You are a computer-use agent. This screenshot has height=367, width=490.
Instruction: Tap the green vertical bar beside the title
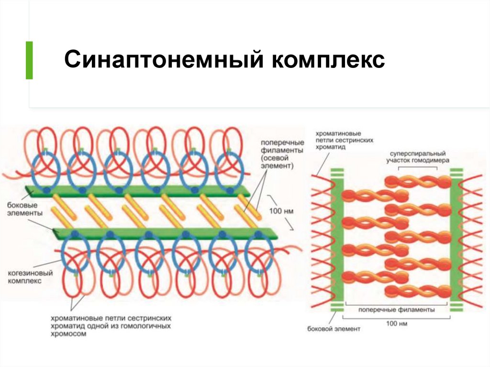(29, 60)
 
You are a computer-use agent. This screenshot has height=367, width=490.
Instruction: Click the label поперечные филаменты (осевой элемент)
(282, 154)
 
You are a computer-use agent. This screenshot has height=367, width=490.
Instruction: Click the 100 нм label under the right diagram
(396, 324)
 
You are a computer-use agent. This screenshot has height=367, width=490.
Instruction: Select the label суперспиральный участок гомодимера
(418, 157)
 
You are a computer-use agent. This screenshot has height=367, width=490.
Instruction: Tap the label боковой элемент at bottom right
(334, 329)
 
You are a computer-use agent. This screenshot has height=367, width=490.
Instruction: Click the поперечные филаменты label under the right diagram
(396, 310)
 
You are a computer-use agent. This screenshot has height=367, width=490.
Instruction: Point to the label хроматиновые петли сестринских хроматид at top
(344, 140)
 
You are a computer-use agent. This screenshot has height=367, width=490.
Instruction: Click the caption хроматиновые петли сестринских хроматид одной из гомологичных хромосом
(110, 325)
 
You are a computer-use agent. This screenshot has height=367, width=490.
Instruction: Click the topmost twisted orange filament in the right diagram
(417, 181)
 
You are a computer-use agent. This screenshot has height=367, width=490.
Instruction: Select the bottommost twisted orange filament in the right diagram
(417, 290)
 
